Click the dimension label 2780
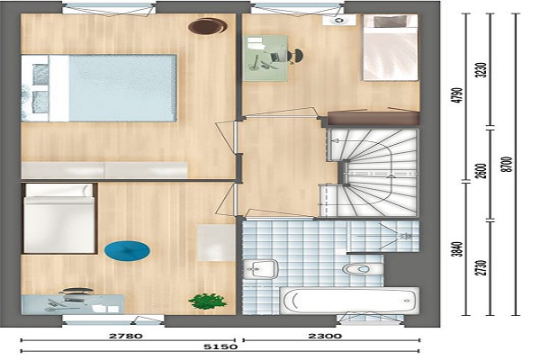pyautogui.click(x=126, y=336)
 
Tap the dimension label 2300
pyautogui.click(x=325, y=336)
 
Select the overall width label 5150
pyautogui.click(x=220, y=346)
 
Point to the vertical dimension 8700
pyautogui.click(x=508, y=165)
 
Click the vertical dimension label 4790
pyautogui.click(x=458, y=95)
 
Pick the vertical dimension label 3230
pyautogui.click(x=482, y=70)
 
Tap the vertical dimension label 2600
pyautogui.click(x=482, y=171)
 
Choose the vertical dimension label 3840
pyautogui.click(x=458, y=249)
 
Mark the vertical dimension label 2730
pyautogui.click(x=482, y=267)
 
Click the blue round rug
pyautogui.click(x=127, y=250)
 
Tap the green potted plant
pyautogui.click(x=207, y=301)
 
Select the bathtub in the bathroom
pyautogui.click(x=349, y=301)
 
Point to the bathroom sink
pyautogui.click(x=261, y=269)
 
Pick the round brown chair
pyautogui.click(x=208, y=26)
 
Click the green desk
pyautogui.click(x=265, y=58)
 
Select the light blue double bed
pyautogui.click(x=99, y=88)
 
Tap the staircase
pyautogui.click(x=372, y=173)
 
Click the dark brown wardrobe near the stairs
pyautogui.click(x=373, y=118)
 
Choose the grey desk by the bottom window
pyautogui.click(x=73, y=304)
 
